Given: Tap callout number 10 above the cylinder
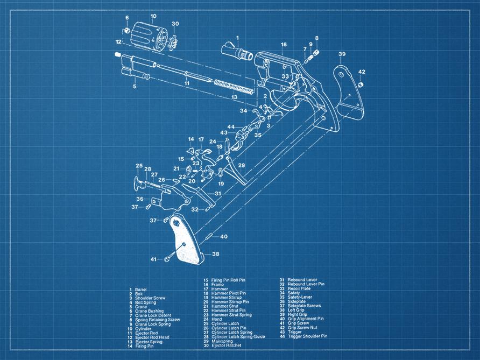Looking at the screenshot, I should point(153,16).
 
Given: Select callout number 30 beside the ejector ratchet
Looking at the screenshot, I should point(175,24).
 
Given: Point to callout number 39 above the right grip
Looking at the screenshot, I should point(342,54).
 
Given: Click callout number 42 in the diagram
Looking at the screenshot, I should point(362,72).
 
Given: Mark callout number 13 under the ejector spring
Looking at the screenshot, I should point(234,97).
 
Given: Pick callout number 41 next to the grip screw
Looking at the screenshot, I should point(153,259).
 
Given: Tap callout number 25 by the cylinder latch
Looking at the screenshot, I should point(139,166).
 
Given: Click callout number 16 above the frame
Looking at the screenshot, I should point(284,44).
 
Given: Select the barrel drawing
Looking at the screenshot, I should point(237,52).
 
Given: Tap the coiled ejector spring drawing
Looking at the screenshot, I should point(233,86).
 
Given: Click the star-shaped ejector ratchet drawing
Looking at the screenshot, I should point(174,40).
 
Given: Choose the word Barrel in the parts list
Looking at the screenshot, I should point(141,290).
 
